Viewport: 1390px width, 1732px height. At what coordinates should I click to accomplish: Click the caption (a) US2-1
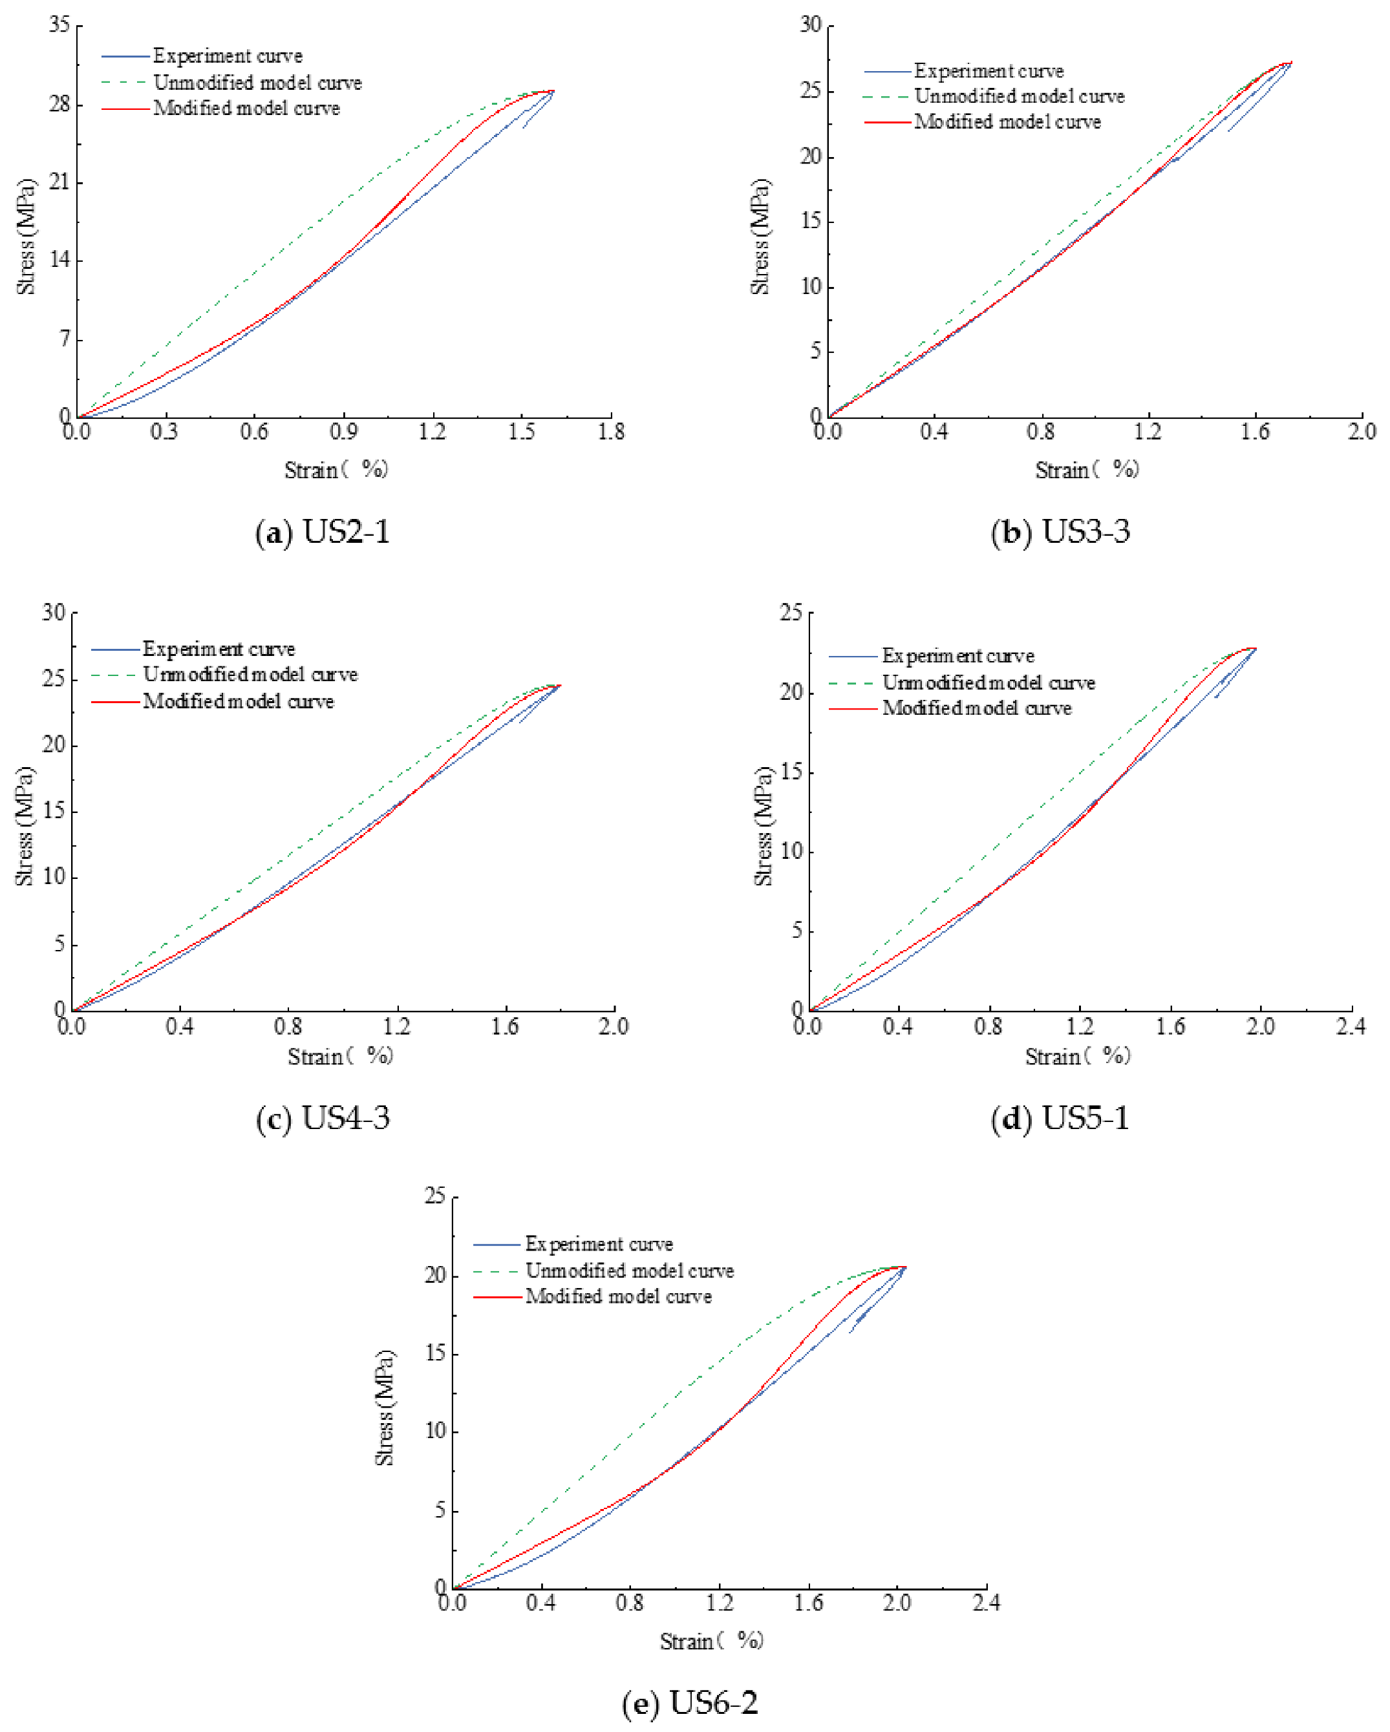pos(322,533)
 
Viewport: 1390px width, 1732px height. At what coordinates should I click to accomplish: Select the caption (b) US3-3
pos(1060,533)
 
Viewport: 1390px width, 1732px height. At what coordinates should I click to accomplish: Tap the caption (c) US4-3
pos(322,1118)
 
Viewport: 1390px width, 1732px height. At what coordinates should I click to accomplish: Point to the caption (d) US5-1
pos(1060,1118)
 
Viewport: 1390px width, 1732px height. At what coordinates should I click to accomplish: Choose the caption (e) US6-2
pos(690,1702)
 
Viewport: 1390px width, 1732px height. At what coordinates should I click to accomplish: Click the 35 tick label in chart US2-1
pos(59,25)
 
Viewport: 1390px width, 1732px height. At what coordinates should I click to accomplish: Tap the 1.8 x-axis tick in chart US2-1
pos(612,432)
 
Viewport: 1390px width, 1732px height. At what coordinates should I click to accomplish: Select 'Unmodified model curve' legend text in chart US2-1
pos(257,83)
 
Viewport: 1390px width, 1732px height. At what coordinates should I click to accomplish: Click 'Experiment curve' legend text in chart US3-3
pos(989,72)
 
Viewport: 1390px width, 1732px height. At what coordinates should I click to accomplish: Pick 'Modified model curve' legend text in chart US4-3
pos(238,701)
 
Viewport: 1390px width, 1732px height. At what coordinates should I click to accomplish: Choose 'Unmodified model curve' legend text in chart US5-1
pos(989,683)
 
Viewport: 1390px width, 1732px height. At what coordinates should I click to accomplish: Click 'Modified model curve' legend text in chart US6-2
pos(618,1296)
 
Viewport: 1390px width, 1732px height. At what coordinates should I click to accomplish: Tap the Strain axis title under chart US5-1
pos(1076,1057)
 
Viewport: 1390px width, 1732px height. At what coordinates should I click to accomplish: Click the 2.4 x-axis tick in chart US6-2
pos(986,1603)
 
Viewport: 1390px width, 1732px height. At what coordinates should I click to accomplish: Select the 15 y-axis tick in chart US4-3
pos(54,811)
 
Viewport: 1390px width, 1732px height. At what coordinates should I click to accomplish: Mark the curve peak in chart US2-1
pos(553,92)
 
